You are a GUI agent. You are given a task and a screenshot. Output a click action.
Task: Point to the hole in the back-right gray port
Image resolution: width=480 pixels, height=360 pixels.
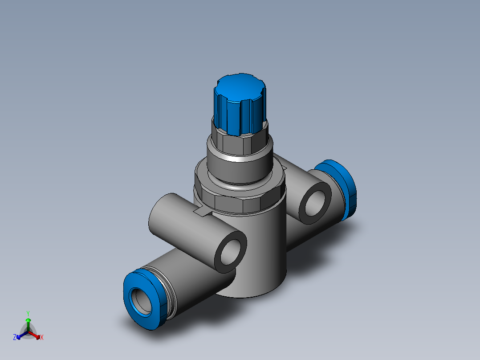click(315, 203)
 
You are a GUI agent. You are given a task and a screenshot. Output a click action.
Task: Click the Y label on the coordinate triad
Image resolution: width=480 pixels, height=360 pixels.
click(28, 313)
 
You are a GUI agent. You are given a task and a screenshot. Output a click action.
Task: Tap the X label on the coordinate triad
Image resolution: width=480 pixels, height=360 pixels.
click(42, 338)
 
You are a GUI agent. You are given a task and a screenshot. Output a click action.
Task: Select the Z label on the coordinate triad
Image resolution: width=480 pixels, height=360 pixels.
click(15, 337)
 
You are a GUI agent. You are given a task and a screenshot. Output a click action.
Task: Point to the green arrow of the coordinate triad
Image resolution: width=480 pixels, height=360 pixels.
click(28, 323)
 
